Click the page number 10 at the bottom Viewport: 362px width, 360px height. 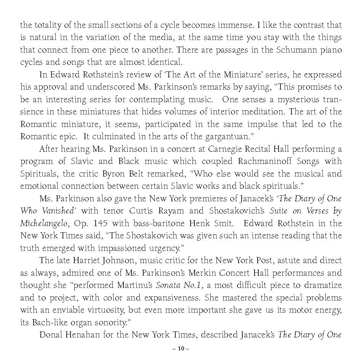click(x=181, y=349)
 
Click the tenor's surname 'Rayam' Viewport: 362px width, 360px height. click(x=169, y=211)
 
